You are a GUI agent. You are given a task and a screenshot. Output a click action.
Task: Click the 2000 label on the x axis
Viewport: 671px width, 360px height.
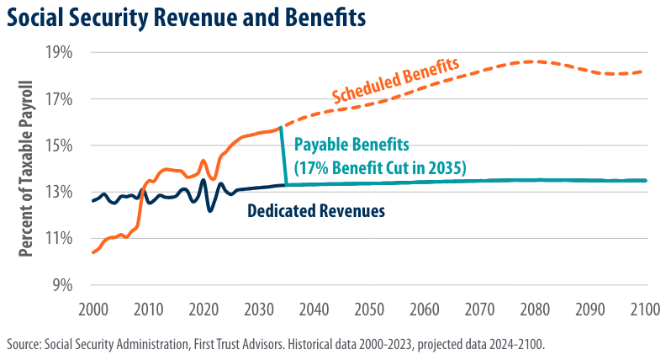tap(92, 308)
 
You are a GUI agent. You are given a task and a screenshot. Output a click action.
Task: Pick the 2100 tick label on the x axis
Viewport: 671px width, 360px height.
tap(645, 308)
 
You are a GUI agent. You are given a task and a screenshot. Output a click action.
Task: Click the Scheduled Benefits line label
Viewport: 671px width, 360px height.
tap(395, 82)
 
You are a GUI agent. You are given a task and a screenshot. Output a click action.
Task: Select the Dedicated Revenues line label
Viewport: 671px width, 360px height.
tap(315, 210)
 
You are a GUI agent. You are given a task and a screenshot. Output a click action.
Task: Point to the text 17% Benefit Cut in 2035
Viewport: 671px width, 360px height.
tap(379, 167)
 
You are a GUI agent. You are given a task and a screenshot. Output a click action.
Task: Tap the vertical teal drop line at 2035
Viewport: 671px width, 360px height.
tap(283, 156)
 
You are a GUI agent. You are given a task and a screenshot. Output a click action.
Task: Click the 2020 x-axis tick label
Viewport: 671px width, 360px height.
tap(203, 308)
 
